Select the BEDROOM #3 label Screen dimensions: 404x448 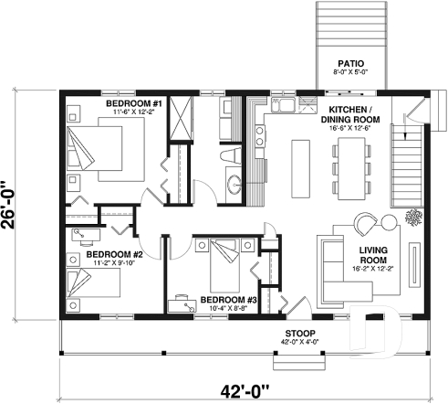click(x=227, y=299)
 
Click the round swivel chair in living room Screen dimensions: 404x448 click(x=366, y=223)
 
